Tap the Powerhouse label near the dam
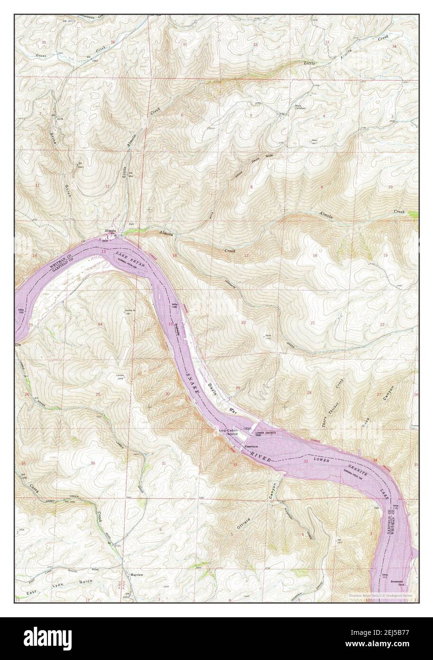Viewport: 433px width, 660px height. point(251,447)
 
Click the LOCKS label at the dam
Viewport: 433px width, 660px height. point(247,428)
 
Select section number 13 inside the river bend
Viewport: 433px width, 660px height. point(103,250)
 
